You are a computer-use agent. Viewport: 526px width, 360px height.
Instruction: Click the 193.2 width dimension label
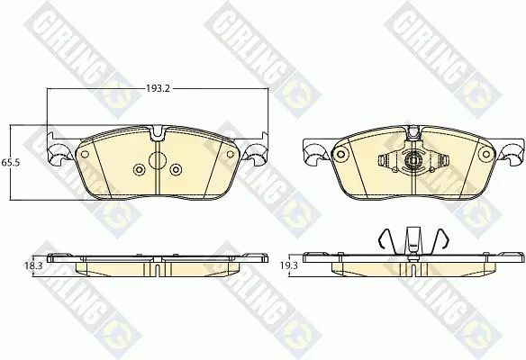[159, 88]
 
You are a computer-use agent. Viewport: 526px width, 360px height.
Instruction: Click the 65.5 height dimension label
[11, 163]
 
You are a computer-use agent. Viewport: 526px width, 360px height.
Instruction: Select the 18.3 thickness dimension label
[32, 265]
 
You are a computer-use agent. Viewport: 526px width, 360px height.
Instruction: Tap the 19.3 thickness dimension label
[289, 265]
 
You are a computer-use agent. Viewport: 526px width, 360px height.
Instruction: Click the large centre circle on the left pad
[157, 160]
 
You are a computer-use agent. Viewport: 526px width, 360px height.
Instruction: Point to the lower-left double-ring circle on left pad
[139, 169]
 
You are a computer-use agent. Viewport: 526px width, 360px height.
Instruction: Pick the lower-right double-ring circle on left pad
[176, 169]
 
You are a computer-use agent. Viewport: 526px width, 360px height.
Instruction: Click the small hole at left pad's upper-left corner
[85, 154]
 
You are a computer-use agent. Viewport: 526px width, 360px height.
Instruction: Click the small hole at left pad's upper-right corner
[231, 154]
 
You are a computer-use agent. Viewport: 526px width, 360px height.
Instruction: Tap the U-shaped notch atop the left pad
[157, 133]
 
